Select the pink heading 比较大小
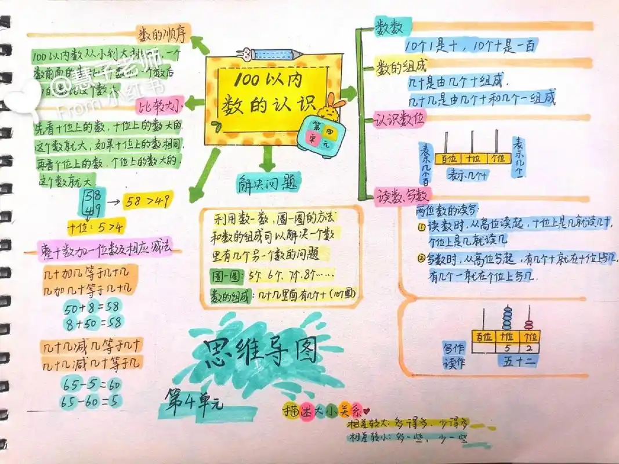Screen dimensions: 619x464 click(160, 105)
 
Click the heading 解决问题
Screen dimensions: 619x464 click(269, 183)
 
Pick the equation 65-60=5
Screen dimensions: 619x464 click(91, 400)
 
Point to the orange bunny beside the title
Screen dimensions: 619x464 click(331, 107)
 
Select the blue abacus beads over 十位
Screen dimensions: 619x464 click(508, 318)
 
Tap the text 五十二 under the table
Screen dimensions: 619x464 click(518, 361)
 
